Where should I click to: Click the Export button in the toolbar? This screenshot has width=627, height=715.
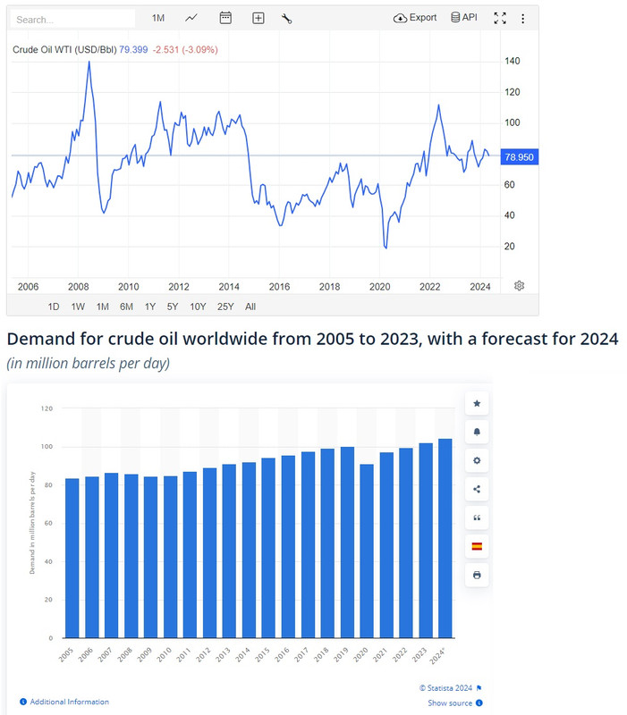415,18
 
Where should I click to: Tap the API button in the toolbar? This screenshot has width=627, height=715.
464,18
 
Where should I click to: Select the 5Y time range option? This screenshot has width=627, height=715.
174,307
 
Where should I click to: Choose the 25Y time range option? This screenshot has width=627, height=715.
225,307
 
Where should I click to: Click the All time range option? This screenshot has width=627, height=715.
250,307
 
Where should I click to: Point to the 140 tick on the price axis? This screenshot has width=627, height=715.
513,61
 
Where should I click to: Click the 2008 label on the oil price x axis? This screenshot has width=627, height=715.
79,287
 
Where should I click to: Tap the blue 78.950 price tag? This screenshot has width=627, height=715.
519,157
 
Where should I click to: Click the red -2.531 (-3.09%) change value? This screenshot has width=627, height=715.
184,49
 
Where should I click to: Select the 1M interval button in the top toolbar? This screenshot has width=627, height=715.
158,18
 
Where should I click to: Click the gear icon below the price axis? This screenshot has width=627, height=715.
519,286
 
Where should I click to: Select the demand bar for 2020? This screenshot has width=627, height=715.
366,551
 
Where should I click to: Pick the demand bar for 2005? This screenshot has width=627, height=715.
72,558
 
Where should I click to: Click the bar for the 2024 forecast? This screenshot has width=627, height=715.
445,538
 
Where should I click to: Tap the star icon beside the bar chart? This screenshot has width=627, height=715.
477,404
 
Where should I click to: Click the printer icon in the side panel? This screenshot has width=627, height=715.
477,575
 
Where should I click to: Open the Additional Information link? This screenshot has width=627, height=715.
70,702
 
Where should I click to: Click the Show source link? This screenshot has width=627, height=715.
449,703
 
